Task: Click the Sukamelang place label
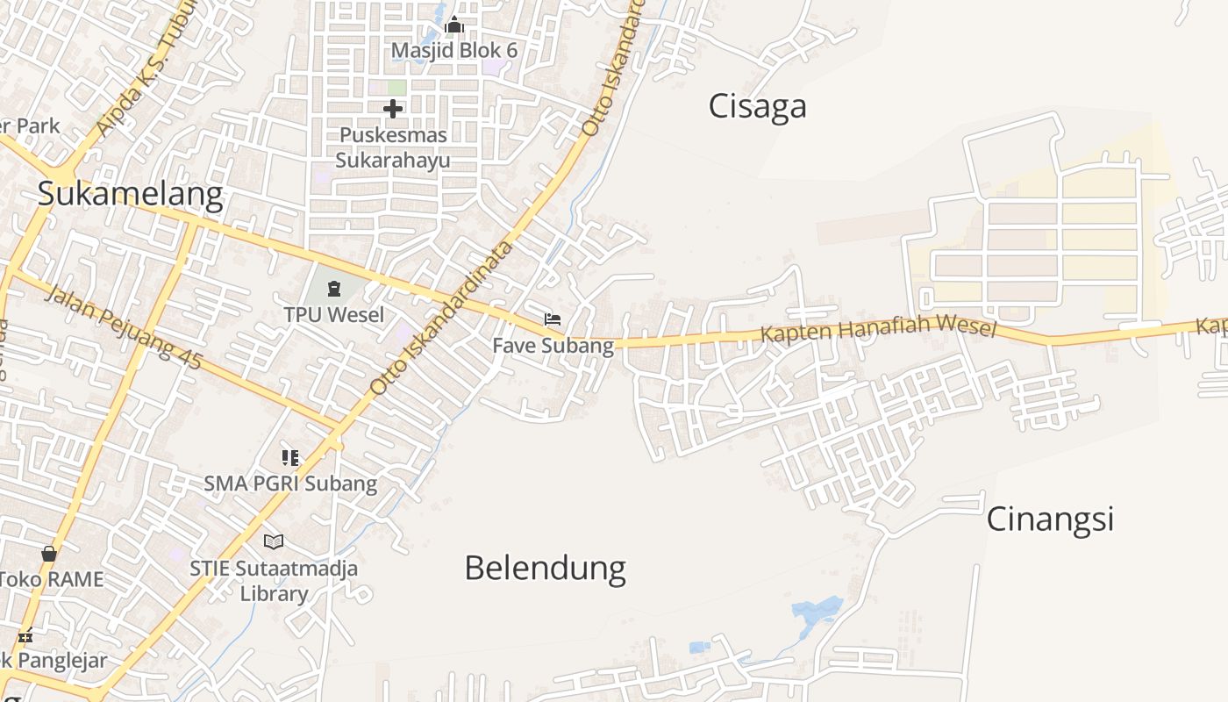point(130,194)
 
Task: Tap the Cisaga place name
point(757,106)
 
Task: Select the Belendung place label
point(545,568)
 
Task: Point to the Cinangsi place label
point(1050,519)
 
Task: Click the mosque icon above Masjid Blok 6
point(453,25)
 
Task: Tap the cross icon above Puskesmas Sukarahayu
point(393,110)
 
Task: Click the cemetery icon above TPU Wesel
point(334,288)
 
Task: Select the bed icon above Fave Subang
point(553,319)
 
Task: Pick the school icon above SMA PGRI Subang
point(290,457)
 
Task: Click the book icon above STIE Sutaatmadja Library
point(274,542)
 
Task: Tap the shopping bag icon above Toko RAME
point(49,554)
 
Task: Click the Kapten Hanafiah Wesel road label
point(878,330)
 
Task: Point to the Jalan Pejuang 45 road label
point(123,326)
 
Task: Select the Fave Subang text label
point(553,346)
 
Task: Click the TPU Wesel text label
point(334,314)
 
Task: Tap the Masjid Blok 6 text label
point(453,51)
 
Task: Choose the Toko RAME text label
point(51,579)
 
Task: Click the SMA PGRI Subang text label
point(290,484)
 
